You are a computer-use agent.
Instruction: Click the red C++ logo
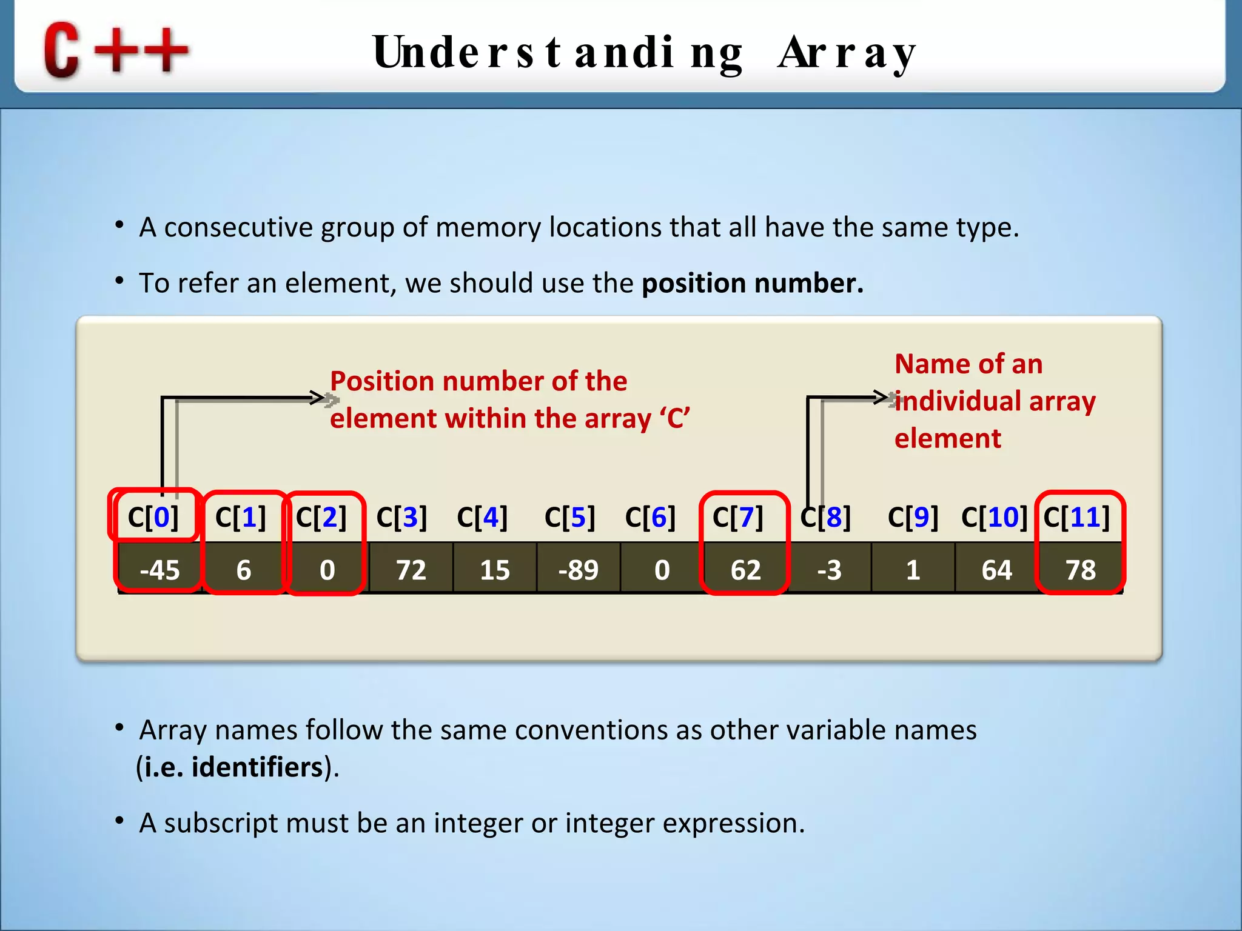[115, 50]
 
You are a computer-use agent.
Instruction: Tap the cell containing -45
[159, 570]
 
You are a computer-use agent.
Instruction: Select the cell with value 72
[411, 570]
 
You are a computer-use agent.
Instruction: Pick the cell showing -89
[578, 570]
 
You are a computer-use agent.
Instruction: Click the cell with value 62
[745, 570]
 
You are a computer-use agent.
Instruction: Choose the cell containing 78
[1081, 570]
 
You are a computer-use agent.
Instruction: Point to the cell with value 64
[996, 570]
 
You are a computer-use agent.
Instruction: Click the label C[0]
[153, 517]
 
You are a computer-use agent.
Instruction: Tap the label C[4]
[482, 517]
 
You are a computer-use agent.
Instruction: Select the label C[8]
[825, 517]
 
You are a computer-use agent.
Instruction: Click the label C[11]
[1076, 517]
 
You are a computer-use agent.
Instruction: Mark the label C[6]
[650, 517]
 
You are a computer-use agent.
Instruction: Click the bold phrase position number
[752, 283]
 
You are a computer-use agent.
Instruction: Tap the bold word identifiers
[257, 767]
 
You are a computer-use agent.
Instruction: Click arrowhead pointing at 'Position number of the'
[319, 398]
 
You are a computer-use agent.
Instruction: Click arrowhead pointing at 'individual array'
[883, 397]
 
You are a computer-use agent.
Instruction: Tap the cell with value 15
[494, 570]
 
